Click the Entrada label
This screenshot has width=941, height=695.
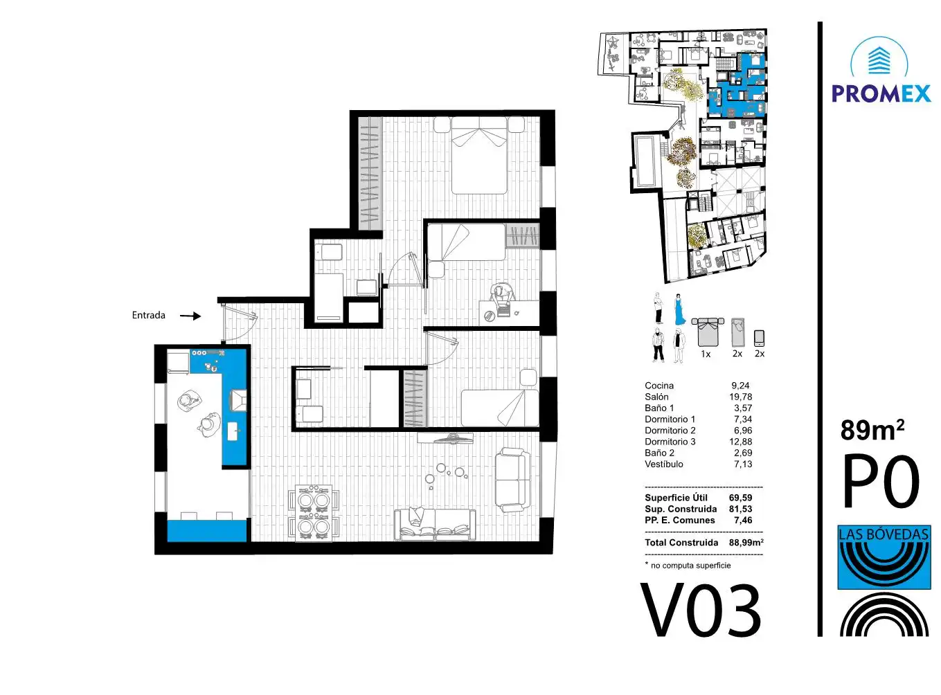[x=148, y=315]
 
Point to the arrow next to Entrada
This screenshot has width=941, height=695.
[x=190, y=316]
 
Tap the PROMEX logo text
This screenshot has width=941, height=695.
[x=881, y=93]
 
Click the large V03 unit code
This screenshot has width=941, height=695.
[x=700, y=611]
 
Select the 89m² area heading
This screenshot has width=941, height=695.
[x=872, y=430]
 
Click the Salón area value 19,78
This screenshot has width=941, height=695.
[x=740, y=397]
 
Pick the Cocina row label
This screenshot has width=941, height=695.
[x=659, y=386]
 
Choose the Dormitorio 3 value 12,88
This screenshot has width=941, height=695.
[x=740, y=442]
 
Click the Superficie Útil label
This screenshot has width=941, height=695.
[x=676, y=498]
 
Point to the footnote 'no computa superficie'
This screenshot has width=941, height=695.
[x=690, y=565]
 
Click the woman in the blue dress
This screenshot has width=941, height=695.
[x=680, y=309]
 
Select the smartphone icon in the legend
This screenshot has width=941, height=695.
[x=759, y=339]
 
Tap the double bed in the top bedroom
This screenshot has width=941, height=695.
[x=479, y=155]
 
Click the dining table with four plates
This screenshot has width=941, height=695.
[x=314, y=513]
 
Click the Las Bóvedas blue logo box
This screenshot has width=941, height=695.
[x=884, y=557]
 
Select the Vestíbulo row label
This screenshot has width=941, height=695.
[x=664, y=464]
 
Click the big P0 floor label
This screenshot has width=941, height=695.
[x=881, y=480]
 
